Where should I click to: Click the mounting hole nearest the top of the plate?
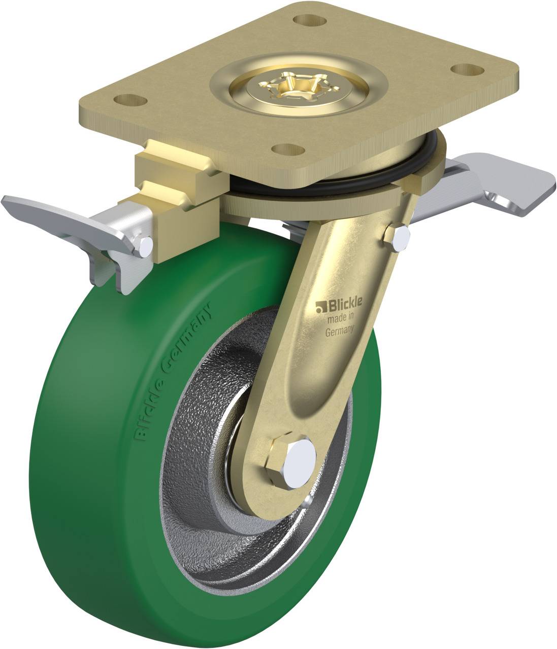[x=310, y=21]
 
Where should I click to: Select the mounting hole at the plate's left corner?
[x=130, y=100]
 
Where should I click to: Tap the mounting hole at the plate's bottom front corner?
[x=288, y=150]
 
